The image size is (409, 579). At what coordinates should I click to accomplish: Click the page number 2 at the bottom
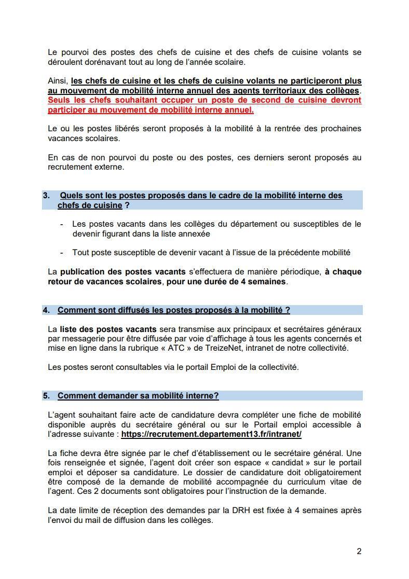(x=359, y=552)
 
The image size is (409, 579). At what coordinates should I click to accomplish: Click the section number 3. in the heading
(x=46, y=196)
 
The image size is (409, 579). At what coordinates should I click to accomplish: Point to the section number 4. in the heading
(x=46, y=310)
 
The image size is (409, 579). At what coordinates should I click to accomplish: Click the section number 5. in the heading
(x=46, y=396)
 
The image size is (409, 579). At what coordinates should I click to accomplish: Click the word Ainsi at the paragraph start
(x=58, y=81)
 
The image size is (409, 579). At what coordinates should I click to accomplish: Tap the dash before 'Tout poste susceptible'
(x=62, y=253)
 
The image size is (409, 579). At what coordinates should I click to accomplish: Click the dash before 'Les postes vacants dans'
(x=62, y=224)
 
